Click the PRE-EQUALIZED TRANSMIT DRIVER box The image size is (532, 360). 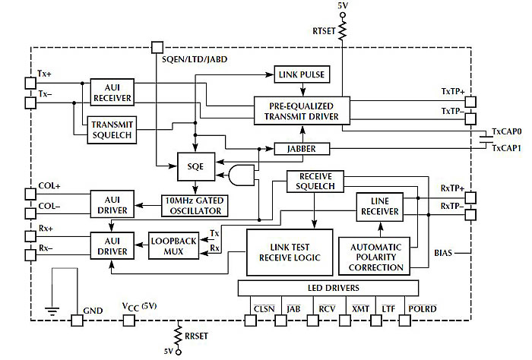coord(302,111)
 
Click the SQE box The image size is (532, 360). coord(196,165)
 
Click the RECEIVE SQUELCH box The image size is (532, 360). coord(315,182)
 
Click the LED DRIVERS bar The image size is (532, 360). coord(328,288)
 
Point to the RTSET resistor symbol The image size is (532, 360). coord(343,30)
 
